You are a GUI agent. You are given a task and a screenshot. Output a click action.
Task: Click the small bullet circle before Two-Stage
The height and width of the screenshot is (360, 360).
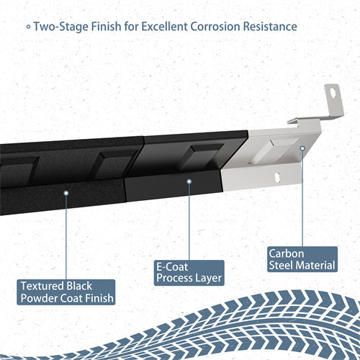coord(28,27)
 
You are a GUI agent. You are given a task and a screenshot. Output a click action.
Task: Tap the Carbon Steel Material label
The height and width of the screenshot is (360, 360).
coord(302,259)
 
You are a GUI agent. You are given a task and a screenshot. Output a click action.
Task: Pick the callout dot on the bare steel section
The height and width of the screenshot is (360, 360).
coord(302,148)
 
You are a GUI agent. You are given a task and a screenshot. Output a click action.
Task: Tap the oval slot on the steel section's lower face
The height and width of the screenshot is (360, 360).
coord(277,175)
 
